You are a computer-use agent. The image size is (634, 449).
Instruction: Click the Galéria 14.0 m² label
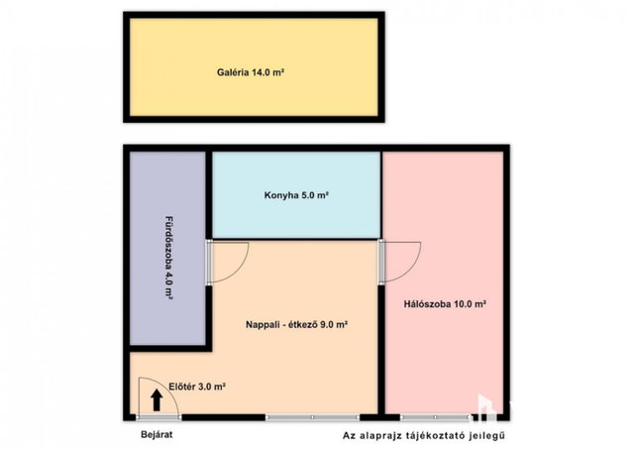pyautogui.click(x=251, y=72)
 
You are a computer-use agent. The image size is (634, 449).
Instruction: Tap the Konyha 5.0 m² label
pyautogui.click(x=296, y=195)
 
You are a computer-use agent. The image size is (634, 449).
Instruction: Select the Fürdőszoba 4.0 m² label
pyautogui.click(x=168, y=258)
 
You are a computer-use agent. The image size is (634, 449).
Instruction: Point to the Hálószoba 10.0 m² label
pyautogui.click(x=445, y=304)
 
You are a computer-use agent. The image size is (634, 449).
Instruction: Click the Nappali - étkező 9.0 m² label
pyautogui.click(x=297, y=324)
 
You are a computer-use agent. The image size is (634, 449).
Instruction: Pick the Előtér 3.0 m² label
pyautogui.click(x=197, y=387)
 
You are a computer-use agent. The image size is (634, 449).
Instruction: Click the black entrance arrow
pyautogui.click(x=157, y=400)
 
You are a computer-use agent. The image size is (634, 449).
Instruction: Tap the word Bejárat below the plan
pyautogui.click(x=157, y=435)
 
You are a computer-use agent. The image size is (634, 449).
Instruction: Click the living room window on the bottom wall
pyautogui.click(x=313, y=417)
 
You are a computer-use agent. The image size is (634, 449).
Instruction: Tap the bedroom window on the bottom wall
pyautogui.click(x=436, y=417)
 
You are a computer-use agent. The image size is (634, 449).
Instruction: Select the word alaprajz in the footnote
pyautogui.click(x=383, y=436)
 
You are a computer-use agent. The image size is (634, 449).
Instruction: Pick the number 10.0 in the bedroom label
pyautogui.click(x=463, y=304)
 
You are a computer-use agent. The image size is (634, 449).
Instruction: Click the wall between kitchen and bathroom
pyautogui.click(x=209, y=195)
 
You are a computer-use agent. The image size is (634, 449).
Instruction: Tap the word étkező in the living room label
pyautogui.click(x=303, y=324)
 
